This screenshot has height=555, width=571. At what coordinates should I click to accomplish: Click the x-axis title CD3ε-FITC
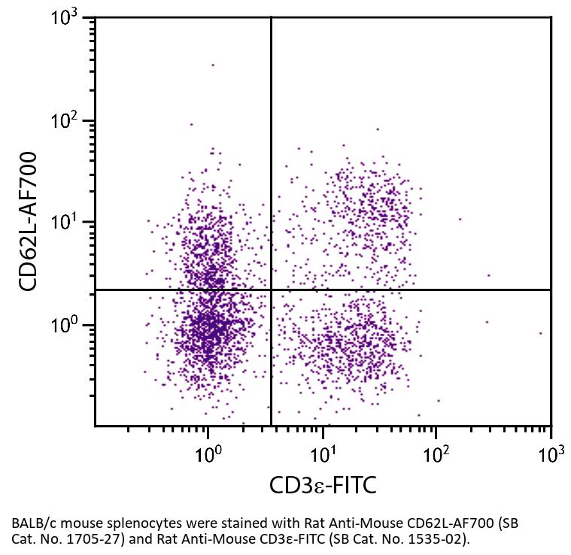(323, 487)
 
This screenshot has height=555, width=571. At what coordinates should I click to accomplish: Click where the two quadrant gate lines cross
(271, 290)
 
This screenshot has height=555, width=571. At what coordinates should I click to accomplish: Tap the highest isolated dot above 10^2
(213, 65)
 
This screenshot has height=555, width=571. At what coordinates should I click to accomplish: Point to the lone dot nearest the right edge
(540, 332)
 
